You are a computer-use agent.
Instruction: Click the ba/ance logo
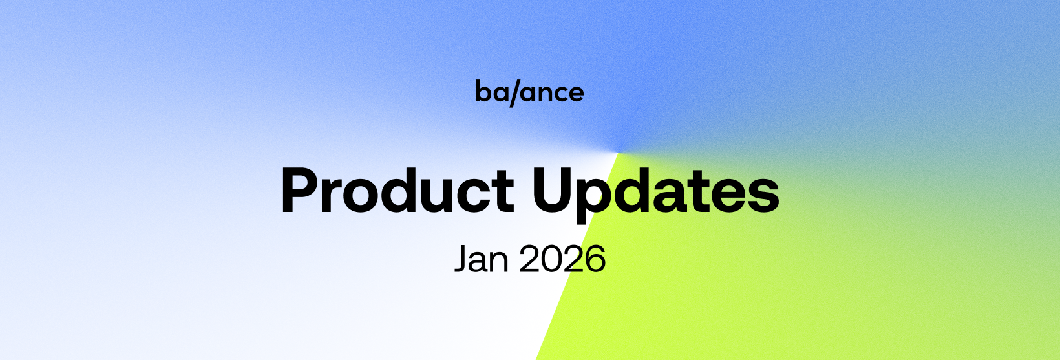[x=529, y=92]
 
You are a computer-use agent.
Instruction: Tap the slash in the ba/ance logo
[x=515, y=93]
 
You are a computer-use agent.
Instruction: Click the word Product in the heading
[x=397, y=191]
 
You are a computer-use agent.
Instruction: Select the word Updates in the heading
[x=656, y=194]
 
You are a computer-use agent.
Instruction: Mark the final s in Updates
[x=764, y=196]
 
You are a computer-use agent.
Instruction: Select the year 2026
[x=563, y=259]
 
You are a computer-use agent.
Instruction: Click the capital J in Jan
[x=462, y=259]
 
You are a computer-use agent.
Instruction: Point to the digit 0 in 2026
[x=552, y=259]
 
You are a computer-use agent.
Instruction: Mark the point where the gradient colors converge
[x=618, y=153]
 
